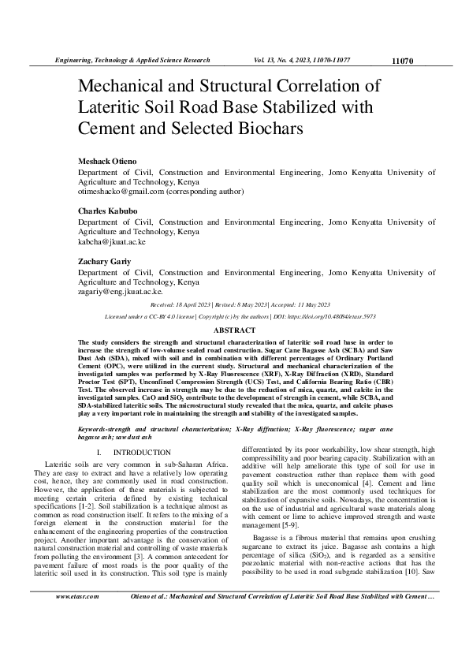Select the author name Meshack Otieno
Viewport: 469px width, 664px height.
[106, 161]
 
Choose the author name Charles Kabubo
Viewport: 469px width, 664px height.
[107, 211]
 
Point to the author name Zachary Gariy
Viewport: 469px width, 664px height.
[103, 262]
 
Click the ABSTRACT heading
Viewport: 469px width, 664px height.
[235, 330]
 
